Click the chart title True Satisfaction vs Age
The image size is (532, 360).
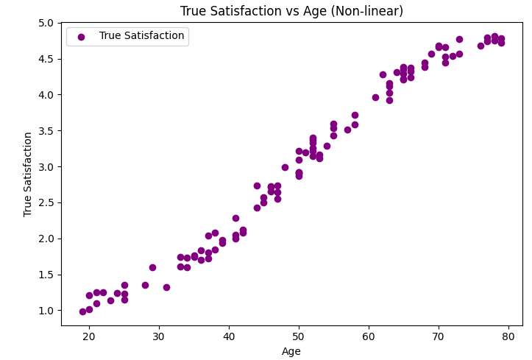click(x=291, y=11)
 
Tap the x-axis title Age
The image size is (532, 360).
click(x=291, y=351)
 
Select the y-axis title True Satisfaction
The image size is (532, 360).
click(x=28, y=174)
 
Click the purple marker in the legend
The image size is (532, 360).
click(x=81, y=36)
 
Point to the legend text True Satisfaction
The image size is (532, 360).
click(x=141, y=36)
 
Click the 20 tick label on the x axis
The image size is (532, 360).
click(x=89, y=336)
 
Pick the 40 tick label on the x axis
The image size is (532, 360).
click(x=229, y=336)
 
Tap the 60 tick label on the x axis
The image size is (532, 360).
click(x=369, y=336)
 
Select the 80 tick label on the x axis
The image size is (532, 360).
click(x=508, y=336)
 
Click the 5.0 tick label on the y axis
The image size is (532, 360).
click(x=46, y=23)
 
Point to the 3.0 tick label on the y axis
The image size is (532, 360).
click(x=46, y=166)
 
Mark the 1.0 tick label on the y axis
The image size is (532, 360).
click(x=46, y=311)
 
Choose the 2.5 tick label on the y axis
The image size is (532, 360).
click(x=46, y=202)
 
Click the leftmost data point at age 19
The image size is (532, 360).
click(x=82, y=311)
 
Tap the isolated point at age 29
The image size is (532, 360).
click(x=152, y=267)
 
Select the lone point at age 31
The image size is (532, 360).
click(x=166, y=287)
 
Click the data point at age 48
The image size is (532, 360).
click(x=285, y=167)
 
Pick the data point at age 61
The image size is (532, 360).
click(x=375, y=97)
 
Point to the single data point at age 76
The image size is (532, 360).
click(x=480, y=46)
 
